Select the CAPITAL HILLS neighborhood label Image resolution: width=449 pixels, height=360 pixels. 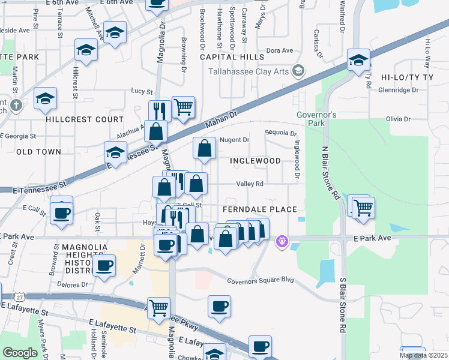(x=232, y=57)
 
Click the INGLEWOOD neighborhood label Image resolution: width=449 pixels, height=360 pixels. (x=255, y=161)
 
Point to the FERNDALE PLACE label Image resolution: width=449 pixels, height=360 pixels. (x=260, y=209)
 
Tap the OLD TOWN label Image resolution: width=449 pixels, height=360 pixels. (x=38, y=152)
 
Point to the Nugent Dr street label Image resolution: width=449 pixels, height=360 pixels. (x=235, y=140)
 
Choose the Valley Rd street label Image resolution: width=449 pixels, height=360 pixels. (x=250, y=184)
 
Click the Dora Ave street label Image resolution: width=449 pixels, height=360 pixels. (x=279, y=51)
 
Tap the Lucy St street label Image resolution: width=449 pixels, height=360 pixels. (x=142, y=91)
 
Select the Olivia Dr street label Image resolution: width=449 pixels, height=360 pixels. (x=402, y=119)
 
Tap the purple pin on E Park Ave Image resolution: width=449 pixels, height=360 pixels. (x=282, y=242)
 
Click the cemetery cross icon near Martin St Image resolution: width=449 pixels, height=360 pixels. (x=16, y=106)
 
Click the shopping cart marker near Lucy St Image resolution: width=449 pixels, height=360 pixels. (x=184, y=107)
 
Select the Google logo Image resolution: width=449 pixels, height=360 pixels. (x=20, y=353)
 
